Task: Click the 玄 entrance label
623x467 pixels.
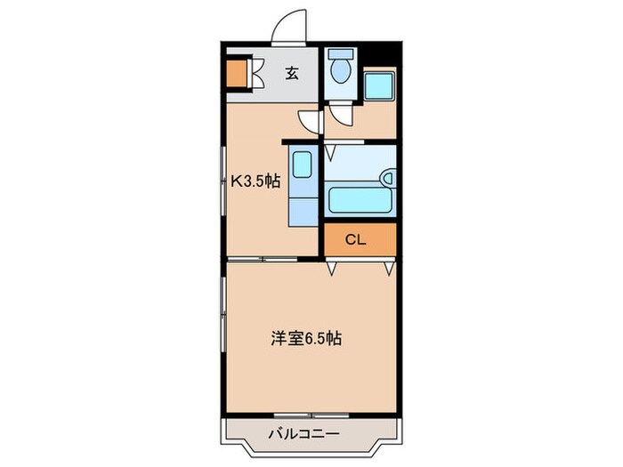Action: [291, 74]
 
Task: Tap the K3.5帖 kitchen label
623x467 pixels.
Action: [256, 181]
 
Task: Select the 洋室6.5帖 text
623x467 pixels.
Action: [306, 338]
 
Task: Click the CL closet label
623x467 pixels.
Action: [355, 239]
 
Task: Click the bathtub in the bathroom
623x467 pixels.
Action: [360, 199]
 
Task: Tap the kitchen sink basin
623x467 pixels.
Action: [303, 167]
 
